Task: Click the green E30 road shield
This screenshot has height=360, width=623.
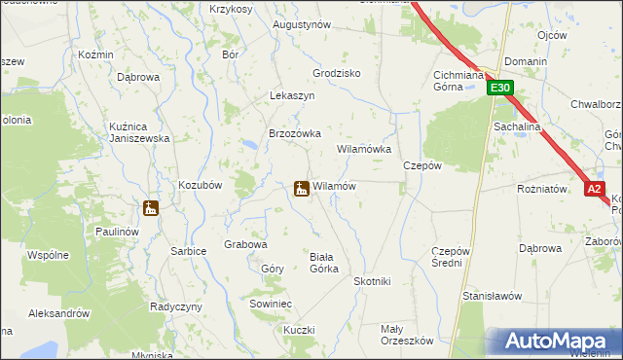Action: (499, 89)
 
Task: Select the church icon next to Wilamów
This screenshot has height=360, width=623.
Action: (302, 187)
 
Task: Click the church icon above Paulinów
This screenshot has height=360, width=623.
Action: (150, 207)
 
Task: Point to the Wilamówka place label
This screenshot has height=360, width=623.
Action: (364, 150)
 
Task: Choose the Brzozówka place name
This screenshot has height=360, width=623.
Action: (295, 134)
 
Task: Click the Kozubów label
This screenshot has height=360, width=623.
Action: (202, 184)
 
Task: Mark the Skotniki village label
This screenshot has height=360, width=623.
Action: (372, 281)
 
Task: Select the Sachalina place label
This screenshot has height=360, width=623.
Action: (518, 127)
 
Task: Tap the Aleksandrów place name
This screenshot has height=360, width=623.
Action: (59, 313)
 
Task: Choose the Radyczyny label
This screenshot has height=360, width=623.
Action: (175, 306)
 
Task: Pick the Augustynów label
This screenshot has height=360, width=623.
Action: (302, 24)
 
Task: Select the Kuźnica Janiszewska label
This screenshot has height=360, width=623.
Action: (127, 131)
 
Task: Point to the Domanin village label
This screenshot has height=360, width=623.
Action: (527, 61)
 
